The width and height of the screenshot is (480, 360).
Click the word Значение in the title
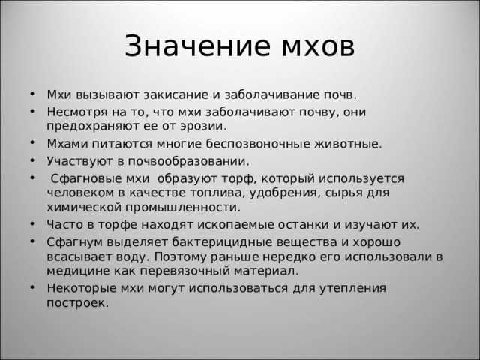tap(184, 46)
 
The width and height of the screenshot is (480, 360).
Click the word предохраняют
tap(91, 127)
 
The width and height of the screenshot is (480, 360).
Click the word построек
tap(77, 303)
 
